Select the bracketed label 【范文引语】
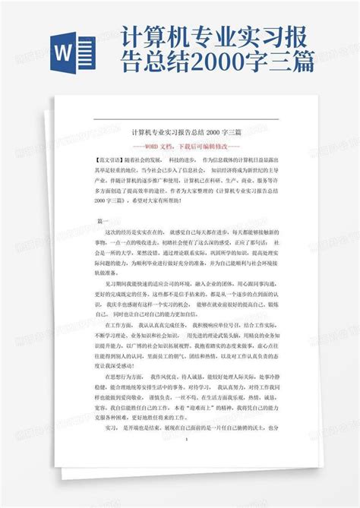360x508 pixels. [x=114, y=161]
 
